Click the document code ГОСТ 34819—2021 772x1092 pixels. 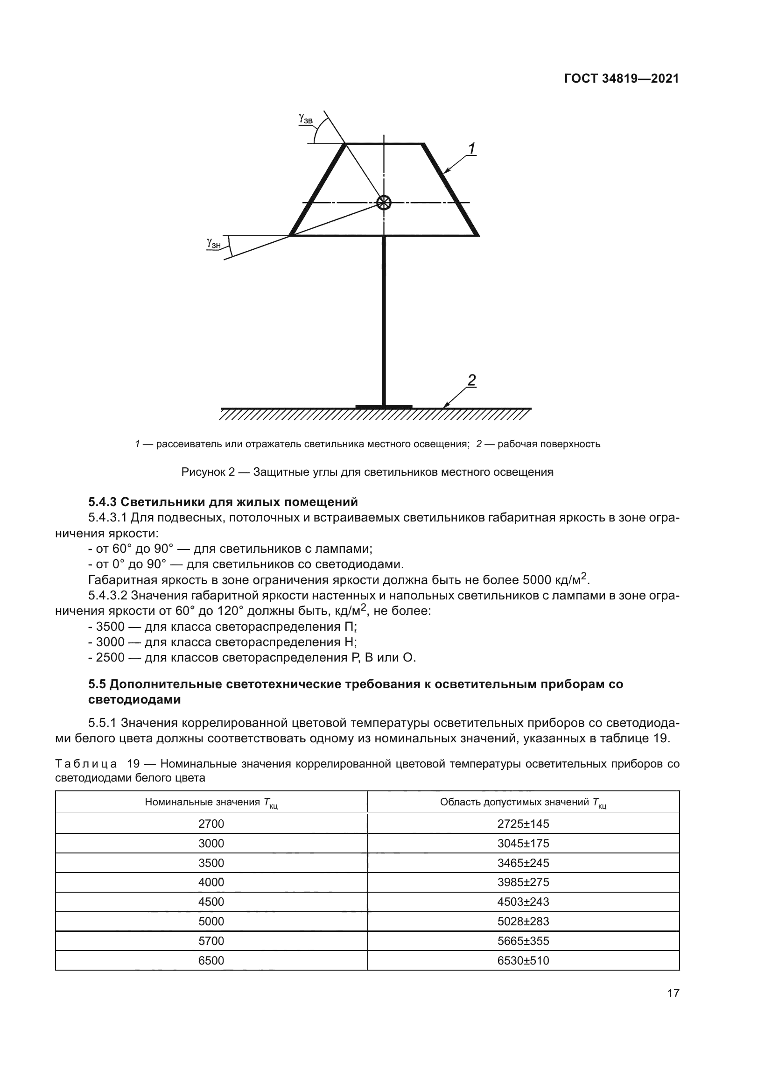pyautogui.click(x=621, y=79)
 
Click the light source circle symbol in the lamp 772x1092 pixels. pyautogui.click(x=384, y=203)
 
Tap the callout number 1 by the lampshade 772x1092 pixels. pyautogui.click(x=471, y=149)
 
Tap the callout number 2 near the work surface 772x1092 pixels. pyautogui.click(x=471, y=380)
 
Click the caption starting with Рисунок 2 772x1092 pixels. pyautogui.click(x=367, y=472)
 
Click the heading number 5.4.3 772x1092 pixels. pyautogui.click(x=103, y=502)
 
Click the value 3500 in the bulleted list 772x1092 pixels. pyautogui.click(x=110, y=627)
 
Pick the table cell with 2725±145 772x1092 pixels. pyautogui.click(x=523, y=824)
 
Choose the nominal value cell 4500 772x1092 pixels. pyautogui.click(x=211, y=902)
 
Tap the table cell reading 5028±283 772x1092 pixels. pyautogui.click(x=523, y=921)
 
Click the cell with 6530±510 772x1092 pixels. pyautogui.click(x=523, y=960)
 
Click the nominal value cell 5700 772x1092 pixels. pyautogui.click(x=211, y=941)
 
